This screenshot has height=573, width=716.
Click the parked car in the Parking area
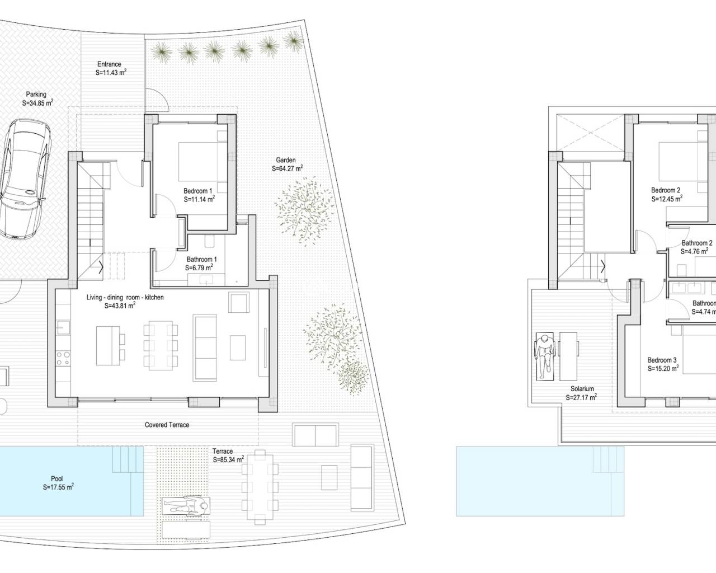pos(26,178)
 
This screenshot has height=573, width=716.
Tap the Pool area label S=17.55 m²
pos(58,487)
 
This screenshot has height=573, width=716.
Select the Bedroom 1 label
pos(198,191)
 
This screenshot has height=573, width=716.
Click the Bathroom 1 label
pos(201,260)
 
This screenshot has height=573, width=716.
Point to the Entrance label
pos(109,64)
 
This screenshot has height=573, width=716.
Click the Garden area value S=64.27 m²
pos(288,168)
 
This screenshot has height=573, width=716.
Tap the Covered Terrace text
pos(167,425)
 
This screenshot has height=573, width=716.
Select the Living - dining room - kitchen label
pos(125,298)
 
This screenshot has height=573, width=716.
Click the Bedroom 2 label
pos(666,190)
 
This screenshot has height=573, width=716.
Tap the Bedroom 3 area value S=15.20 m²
pos(663,369)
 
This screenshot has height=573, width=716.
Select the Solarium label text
pos(582,389)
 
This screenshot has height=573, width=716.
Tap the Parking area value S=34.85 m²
pos(37,104)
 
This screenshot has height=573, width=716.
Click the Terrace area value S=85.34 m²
pos(228,460)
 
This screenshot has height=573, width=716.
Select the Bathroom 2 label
pos(696,243)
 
